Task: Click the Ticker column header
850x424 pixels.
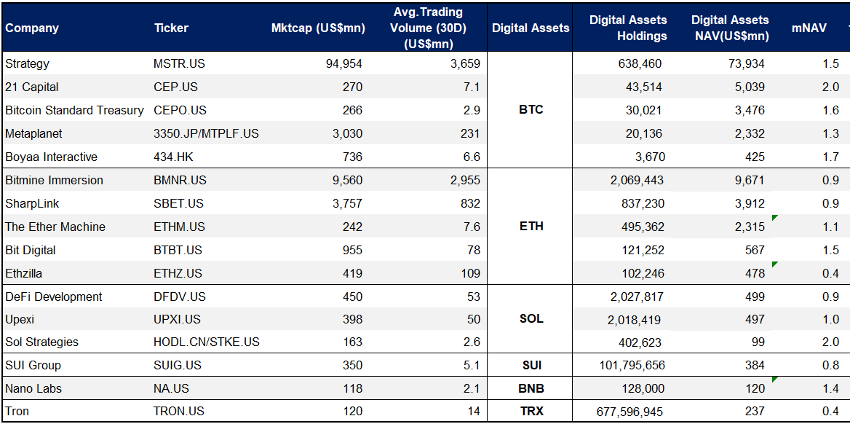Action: coord(171,28)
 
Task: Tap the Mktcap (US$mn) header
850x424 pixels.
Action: coord(317,28)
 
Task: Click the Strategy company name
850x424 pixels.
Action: coord(27,63)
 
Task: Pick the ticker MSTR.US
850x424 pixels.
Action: coord(179,63)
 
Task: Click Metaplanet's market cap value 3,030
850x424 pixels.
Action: coord(346,133)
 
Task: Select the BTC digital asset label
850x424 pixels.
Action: coord(531,110)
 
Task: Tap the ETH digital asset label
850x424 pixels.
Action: coord(531,227)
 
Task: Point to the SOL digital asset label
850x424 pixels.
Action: coord(531,319)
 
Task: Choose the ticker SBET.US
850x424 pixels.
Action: coord(178,203)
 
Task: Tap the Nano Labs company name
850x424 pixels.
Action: coord(33,388)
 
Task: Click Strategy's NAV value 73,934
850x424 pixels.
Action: coord(746,63)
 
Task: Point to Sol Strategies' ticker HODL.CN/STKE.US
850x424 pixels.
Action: coord(207,342)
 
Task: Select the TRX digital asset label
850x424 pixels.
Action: coord(531,412)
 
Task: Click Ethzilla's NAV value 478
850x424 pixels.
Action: coord(755,273)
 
